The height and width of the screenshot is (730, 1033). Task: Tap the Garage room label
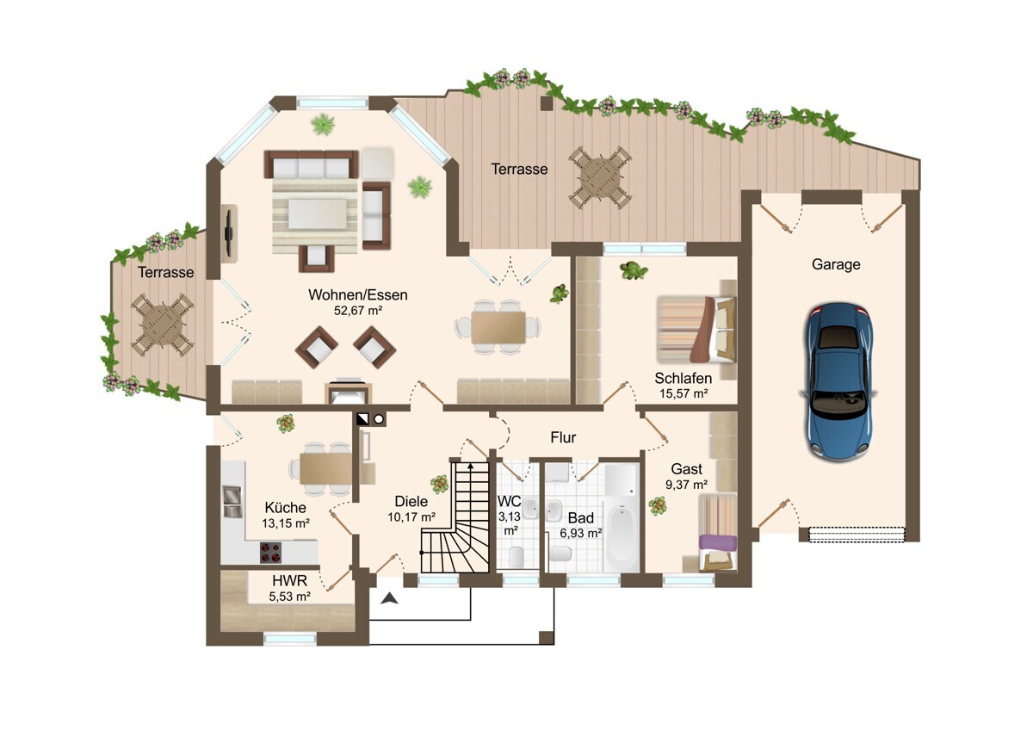[x=836, y=264]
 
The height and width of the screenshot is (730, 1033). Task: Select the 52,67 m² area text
[x=358, y=311]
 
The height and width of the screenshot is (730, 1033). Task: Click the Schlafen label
[x=683, y=378]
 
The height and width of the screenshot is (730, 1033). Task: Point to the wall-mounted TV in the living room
[x=228, y=233]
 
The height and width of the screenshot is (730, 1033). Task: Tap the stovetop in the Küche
[x=270, y=552]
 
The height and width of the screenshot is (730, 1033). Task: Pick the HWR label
[x=289, y=580]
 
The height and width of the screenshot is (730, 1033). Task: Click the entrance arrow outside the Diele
[x=390, y=598]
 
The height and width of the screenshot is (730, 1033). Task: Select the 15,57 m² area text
[x=684, y=393]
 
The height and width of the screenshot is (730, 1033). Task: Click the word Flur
[x=563, y=437]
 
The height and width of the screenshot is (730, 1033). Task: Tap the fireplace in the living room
[x=348, y=392]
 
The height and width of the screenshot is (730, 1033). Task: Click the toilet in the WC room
[x=516, y=556]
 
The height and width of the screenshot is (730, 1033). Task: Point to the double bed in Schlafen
[x=696, y=329]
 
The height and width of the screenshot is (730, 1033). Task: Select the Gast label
[x=687, y=469]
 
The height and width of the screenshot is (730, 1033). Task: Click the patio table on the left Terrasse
[x=163, y=325]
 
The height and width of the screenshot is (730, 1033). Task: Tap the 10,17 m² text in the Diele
[x=411, y=517]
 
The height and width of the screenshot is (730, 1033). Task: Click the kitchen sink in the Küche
[x=232, y=501]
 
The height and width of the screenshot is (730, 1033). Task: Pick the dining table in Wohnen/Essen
[x=498, y=327]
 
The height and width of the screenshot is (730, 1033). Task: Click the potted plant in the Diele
[x=440, y=484]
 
